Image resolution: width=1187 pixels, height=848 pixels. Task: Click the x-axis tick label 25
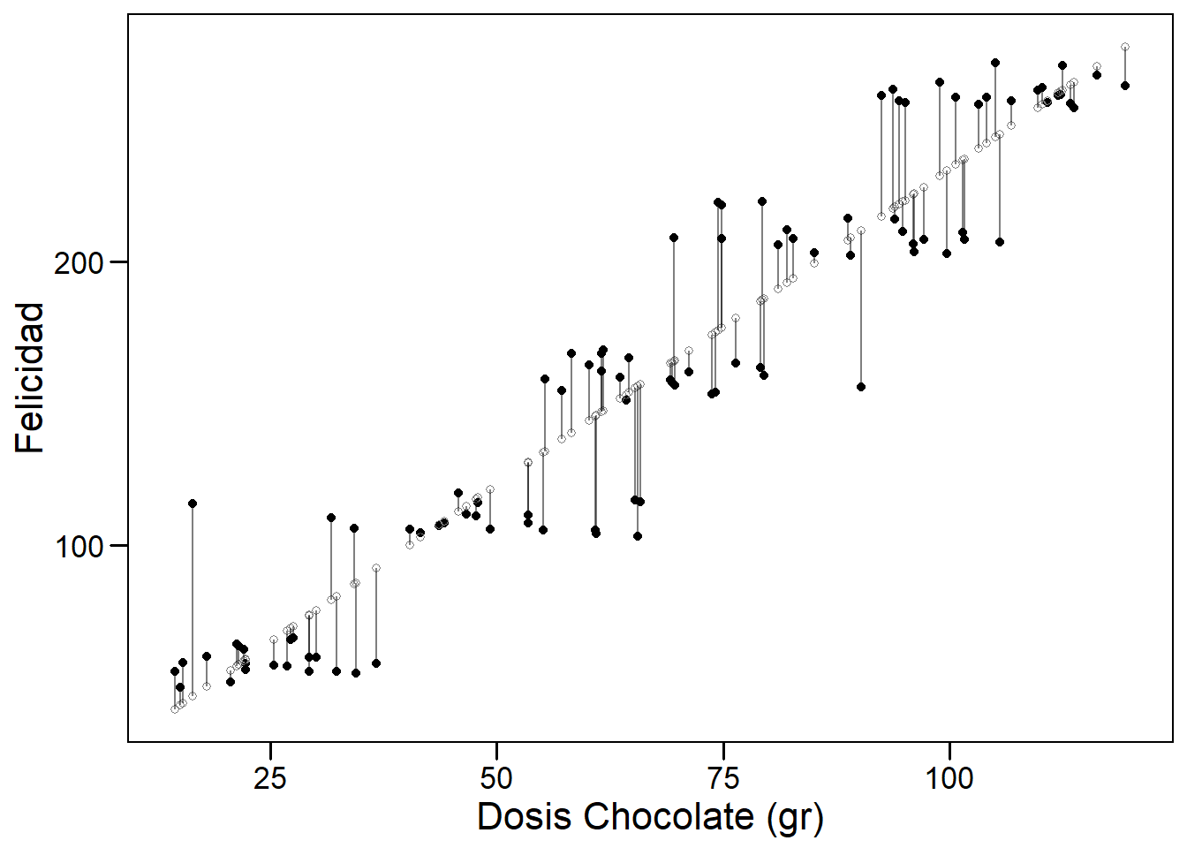[270, 778]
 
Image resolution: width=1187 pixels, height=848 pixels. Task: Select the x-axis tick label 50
[496, 778]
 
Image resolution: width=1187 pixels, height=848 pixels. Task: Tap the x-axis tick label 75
[723, 778]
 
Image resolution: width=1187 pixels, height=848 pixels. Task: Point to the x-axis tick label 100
[949, 778]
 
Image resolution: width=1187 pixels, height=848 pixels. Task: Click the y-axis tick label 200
[79, 263]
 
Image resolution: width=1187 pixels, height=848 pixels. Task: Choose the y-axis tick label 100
[79, 547]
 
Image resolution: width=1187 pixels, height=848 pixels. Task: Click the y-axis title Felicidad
[31, 378]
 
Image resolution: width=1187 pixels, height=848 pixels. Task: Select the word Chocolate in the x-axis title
[669, 817]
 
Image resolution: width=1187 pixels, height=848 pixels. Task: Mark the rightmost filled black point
[1125, 86]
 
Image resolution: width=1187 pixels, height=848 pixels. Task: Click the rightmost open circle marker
[1125, 47]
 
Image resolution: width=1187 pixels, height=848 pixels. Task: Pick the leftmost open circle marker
[175, 709]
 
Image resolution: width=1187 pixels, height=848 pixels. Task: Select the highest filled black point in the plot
[995, 63]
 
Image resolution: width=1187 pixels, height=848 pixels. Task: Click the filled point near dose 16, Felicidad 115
[193, 503]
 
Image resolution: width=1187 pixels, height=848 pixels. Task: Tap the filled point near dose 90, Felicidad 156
[861, 387]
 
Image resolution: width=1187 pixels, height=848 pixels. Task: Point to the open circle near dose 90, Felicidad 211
[861, 231]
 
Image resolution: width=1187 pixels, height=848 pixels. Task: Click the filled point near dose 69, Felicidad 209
[674, 238]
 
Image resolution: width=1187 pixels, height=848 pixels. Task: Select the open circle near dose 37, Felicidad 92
[376, 568]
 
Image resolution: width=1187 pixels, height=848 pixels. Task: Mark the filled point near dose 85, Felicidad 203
[814, 253]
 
